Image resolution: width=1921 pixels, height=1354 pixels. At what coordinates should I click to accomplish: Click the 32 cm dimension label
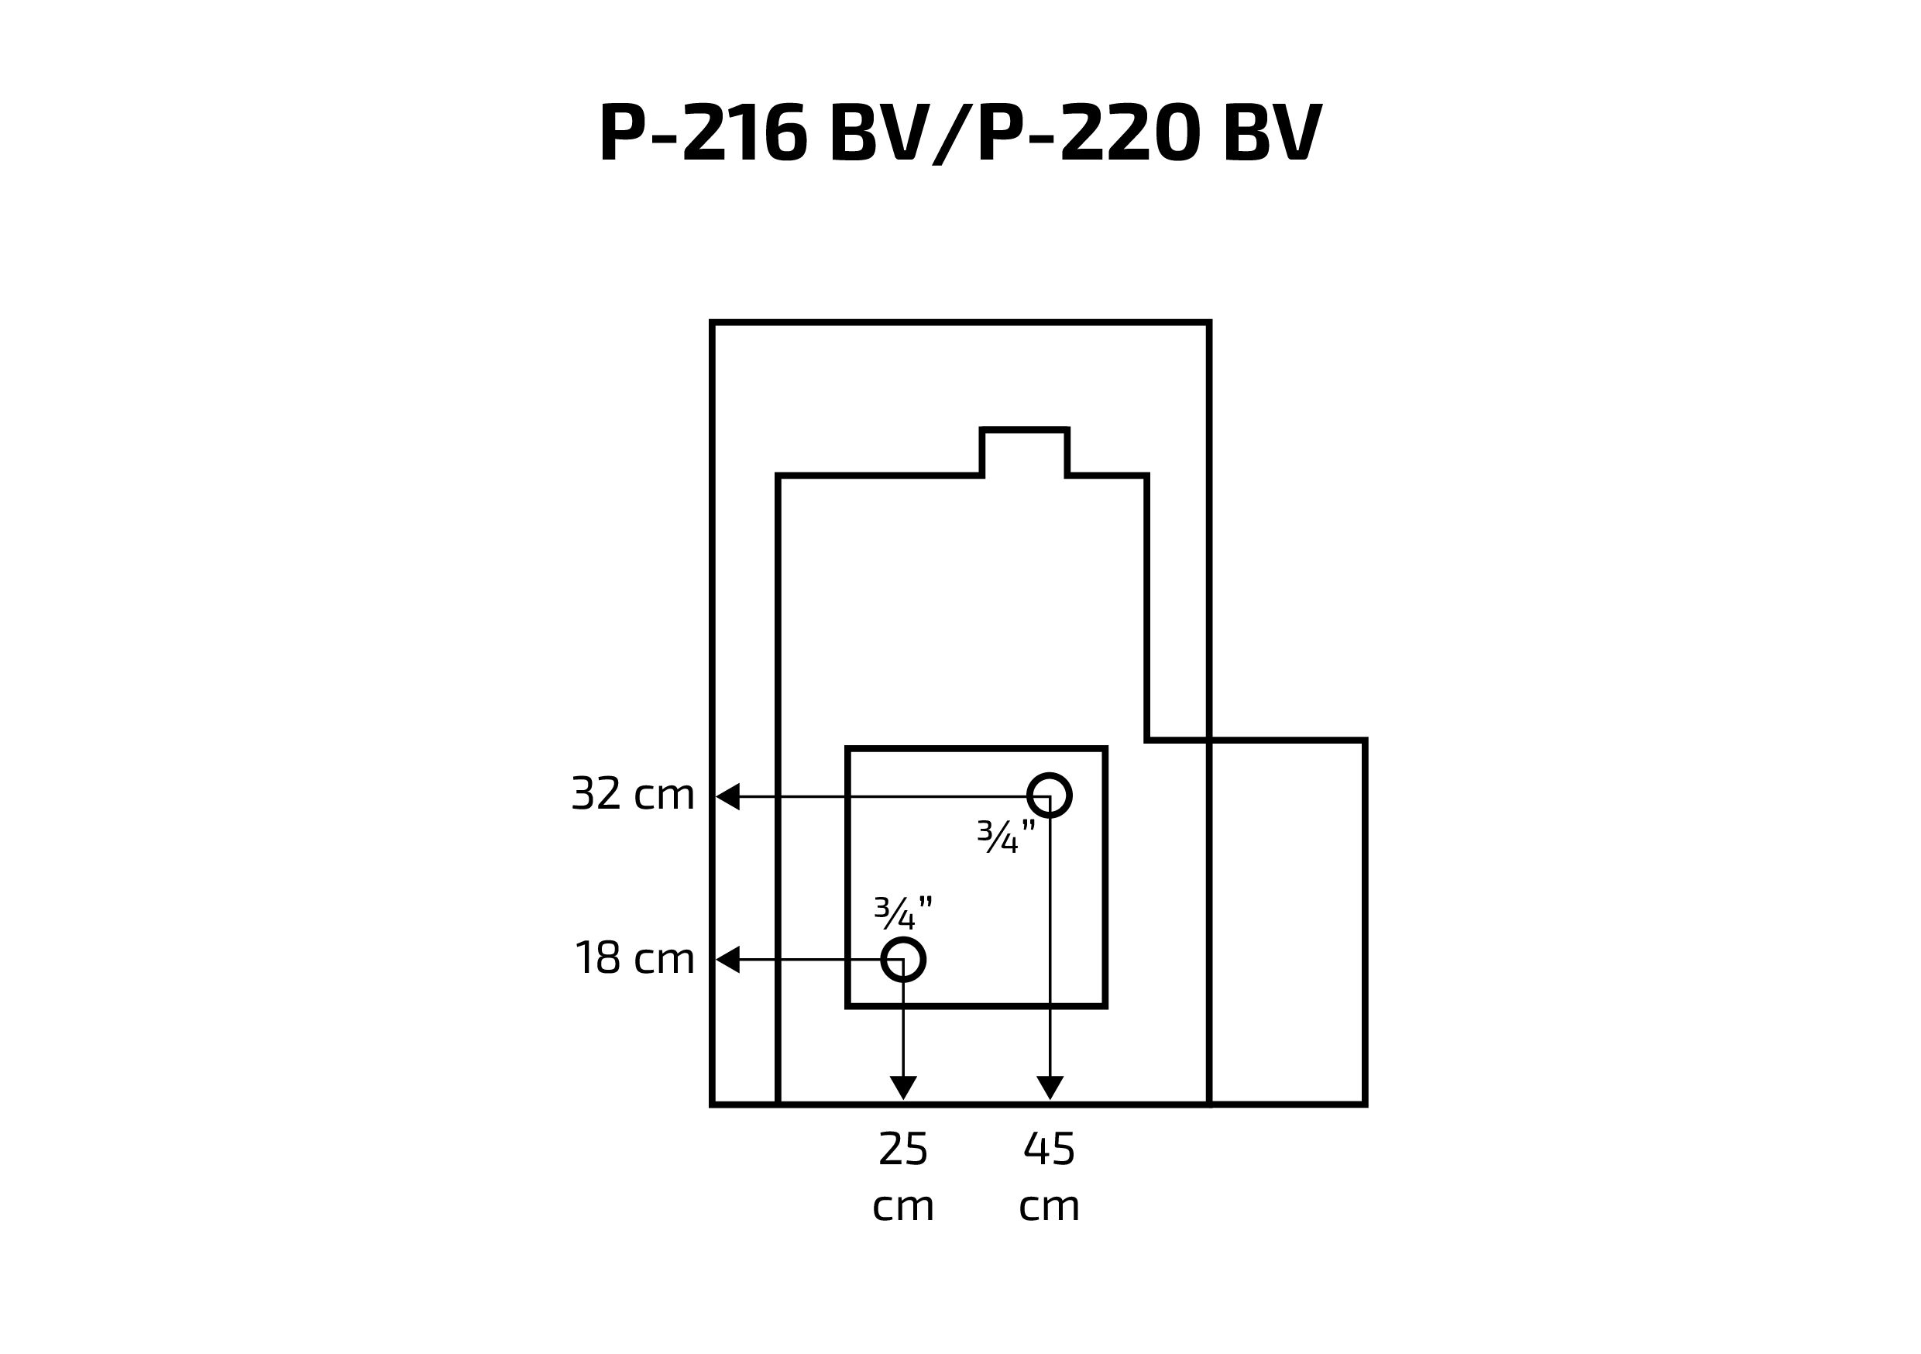634,794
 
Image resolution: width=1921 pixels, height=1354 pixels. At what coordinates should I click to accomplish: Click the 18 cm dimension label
635,958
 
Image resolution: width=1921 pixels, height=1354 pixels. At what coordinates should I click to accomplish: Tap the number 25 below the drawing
902,1149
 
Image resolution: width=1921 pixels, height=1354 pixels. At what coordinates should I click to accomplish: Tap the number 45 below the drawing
1049,1149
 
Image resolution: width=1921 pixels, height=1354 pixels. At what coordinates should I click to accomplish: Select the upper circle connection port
1049,795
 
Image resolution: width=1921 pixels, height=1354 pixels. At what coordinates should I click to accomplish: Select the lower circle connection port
902,959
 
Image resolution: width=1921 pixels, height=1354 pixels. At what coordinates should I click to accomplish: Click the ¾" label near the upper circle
1006,836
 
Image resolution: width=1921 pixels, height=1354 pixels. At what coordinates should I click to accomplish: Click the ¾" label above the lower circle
902,913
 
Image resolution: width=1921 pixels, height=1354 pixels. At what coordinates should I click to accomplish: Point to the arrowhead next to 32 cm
728,796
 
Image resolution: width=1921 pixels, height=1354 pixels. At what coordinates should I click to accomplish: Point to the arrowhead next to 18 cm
728,960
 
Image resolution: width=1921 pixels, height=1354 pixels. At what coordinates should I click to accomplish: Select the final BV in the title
1272,132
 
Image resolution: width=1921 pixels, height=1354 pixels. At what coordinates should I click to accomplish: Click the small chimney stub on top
1024,452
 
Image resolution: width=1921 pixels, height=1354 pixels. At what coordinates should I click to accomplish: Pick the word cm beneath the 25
902,1207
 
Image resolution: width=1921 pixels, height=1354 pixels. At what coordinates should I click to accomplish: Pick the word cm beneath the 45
1049,1207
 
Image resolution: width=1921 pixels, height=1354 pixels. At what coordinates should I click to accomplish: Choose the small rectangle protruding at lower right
1287,921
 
